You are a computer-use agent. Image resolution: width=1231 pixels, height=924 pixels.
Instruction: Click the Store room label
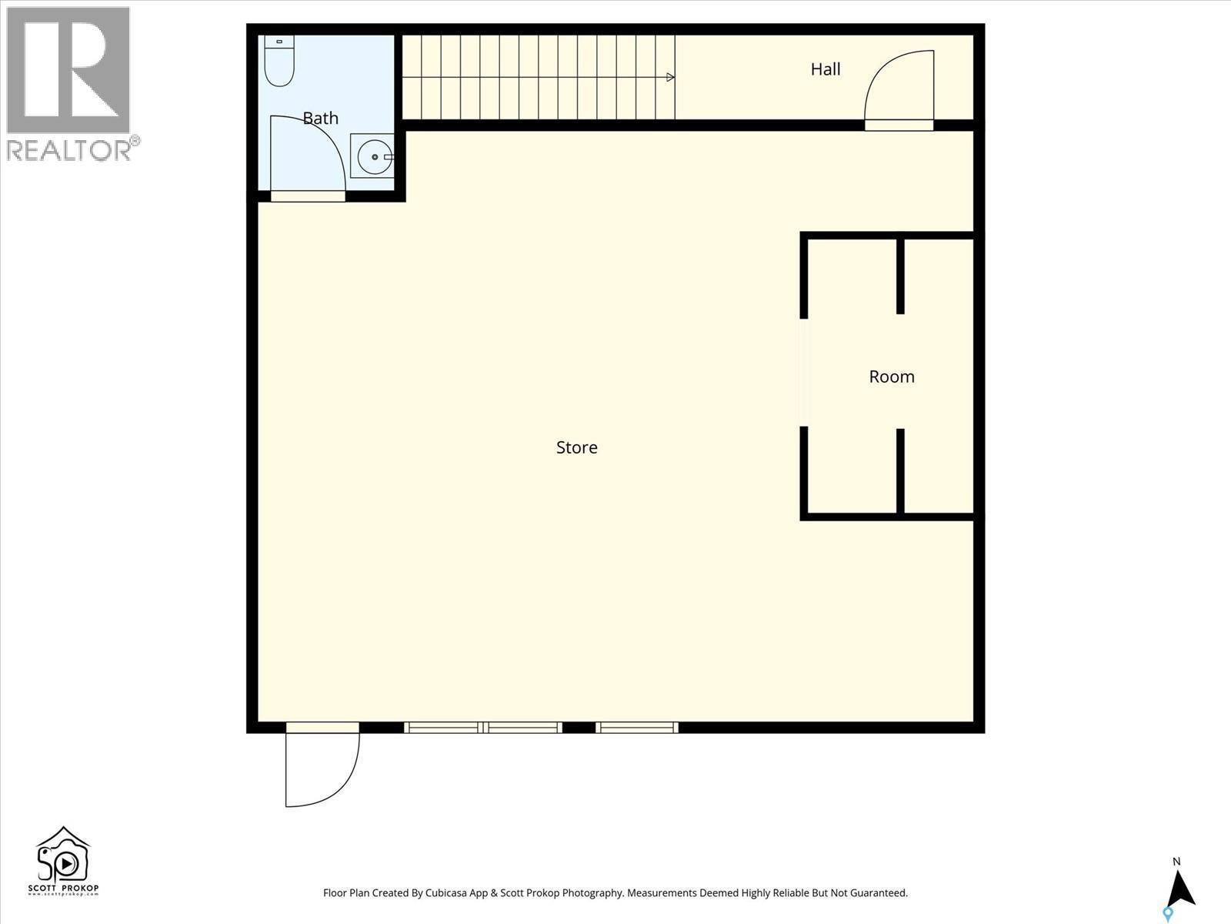click(x=576, y=447)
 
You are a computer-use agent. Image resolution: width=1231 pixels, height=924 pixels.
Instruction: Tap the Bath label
click(x=320, y=118)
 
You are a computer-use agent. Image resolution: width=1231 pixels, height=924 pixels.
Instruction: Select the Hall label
click(x=825, y=69)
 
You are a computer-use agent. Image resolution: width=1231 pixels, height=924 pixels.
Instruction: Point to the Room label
click(x=891, y=377)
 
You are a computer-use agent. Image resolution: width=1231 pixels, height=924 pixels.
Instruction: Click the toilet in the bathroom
click(x=279, y=62)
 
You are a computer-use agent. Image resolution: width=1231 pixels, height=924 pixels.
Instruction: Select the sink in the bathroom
click(x=373, y=156)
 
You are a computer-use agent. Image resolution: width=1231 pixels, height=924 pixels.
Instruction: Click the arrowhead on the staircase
click(x=670, y=77)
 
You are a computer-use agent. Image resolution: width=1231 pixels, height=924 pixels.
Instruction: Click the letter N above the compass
click(x=1176, y=861)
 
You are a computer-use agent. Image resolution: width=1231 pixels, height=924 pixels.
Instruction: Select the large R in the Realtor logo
click(x=68, y=69)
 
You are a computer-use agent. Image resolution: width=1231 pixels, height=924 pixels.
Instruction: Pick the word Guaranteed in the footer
click(x=876, y=893)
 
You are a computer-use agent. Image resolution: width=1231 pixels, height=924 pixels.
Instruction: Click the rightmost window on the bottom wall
click(x=637, y=728)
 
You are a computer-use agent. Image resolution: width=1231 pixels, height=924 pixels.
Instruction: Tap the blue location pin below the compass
click(x=1167, y=914)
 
